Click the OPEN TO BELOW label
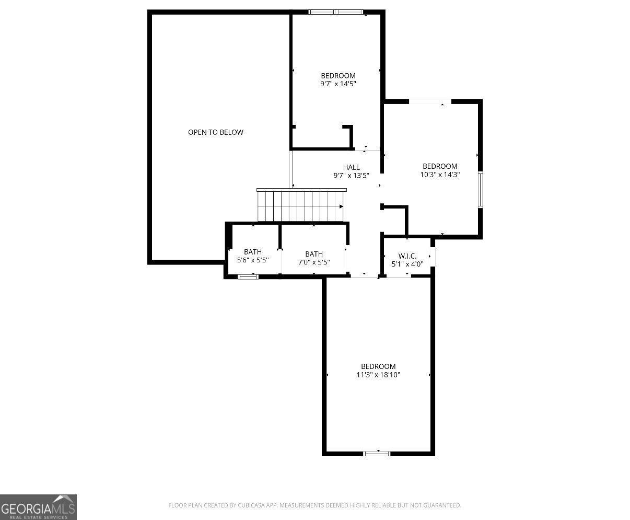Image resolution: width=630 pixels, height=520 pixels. pos(215,132)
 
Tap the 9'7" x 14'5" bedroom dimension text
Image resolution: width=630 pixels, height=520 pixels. pos(338,84)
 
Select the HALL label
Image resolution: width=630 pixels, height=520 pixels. pos(351,167)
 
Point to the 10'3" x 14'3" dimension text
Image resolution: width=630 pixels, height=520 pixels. pos(440,175)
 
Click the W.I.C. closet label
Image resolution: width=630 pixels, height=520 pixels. pos(407,256)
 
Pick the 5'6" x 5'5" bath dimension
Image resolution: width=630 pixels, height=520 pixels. pos(253,260)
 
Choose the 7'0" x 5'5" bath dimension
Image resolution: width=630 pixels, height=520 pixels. pos(314,262)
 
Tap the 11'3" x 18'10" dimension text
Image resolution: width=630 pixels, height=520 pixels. pos(378,375)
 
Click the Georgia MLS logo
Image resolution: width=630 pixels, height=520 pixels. pos(38,507)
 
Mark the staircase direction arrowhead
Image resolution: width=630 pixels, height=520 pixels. pos(341,206)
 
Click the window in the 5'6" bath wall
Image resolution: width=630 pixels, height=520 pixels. pos(248,277)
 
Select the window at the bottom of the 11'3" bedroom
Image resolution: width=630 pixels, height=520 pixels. pos(377,454)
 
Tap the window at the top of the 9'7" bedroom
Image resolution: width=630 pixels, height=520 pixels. pos(335,12)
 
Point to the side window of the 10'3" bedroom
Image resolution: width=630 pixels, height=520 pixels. pos(481,190)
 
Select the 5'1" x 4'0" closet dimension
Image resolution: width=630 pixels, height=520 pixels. pos(407,264)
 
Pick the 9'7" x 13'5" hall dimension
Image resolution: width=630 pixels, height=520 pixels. pos(351,176)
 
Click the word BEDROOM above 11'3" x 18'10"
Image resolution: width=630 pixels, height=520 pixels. pos(378,366)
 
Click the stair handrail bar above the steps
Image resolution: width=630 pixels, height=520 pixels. pos(301,190)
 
